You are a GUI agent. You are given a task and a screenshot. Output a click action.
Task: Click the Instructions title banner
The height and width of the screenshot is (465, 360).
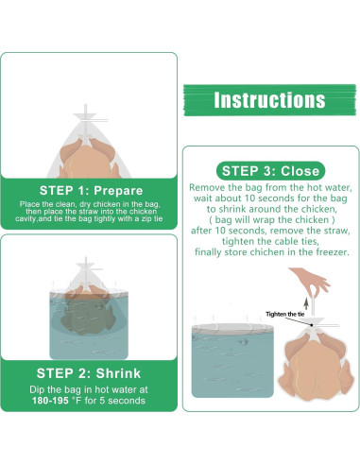(269, 100)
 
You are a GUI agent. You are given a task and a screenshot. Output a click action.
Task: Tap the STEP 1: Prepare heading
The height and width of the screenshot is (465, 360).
(92, 191)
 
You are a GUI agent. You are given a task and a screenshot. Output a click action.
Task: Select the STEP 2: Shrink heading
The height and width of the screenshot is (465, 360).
(89, 373)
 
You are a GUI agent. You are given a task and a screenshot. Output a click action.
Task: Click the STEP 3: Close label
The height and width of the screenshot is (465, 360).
(270, 171)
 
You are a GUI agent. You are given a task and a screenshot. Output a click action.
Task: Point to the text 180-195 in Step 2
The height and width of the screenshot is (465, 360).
(50, 401)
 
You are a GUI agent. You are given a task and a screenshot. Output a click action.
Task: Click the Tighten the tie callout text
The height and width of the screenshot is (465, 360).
(285, 314)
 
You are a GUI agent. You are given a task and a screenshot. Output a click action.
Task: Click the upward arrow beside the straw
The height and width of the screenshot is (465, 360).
(306, 303)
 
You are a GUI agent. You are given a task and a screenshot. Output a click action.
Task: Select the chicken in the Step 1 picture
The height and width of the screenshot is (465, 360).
(89, 159)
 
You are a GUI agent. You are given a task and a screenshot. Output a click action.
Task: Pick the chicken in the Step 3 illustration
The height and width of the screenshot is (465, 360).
(316, 367)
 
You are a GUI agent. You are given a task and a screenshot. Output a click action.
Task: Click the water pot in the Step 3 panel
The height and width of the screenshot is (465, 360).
(232, 360)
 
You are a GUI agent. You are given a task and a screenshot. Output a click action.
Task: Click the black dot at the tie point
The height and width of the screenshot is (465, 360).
(312, 325)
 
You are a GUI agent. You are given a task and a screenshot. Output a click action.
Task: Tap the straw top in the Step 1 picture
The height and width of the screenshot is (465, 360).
(85, 109)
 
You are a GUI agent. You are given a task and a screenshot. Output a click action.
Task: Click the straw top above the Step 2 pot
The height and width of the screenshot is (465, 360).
(85, 261)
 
